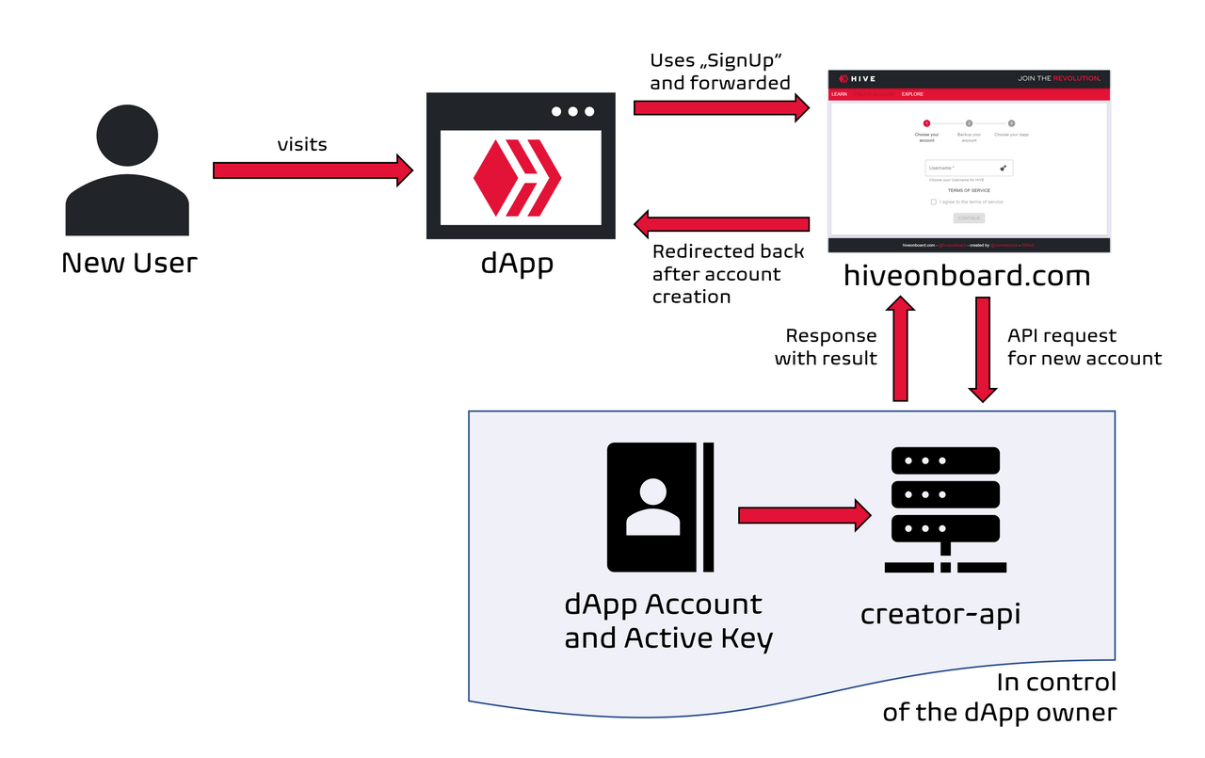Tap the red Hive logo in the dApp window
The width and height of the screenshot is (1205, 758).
(x=517, y=176)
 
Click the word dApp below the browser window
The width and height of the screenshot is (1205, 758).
(x=517, y=262)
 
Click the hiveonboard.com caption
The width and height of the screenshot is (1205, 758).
(x=967, y=276)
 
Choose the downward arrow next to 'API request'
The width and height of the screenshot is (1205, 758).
(x=982, y=349)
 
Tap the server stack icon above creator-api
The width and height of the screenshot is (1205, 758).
(x=944, y=509)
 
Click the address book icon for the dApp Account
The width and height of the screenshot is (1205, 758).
(x=660, y=508)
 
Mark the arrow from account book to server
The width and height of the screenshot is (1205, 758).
(x=805, y=515)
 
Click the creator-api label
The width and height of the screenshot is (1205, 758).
(x=940, y=614)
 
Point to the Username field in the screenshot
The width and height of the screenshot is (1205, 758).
(x=968, y=169)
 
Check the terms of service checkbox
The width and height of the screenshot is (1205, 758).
(x=934, y=202)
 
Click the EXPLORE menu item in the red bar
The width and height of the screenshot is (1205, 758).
(x=912, y=94)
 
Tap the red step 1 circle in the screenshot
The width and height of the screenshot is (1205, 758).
(x=926, y=123)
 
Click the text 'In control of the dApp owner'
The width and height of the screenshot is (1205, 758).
(x=999, y=697)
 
